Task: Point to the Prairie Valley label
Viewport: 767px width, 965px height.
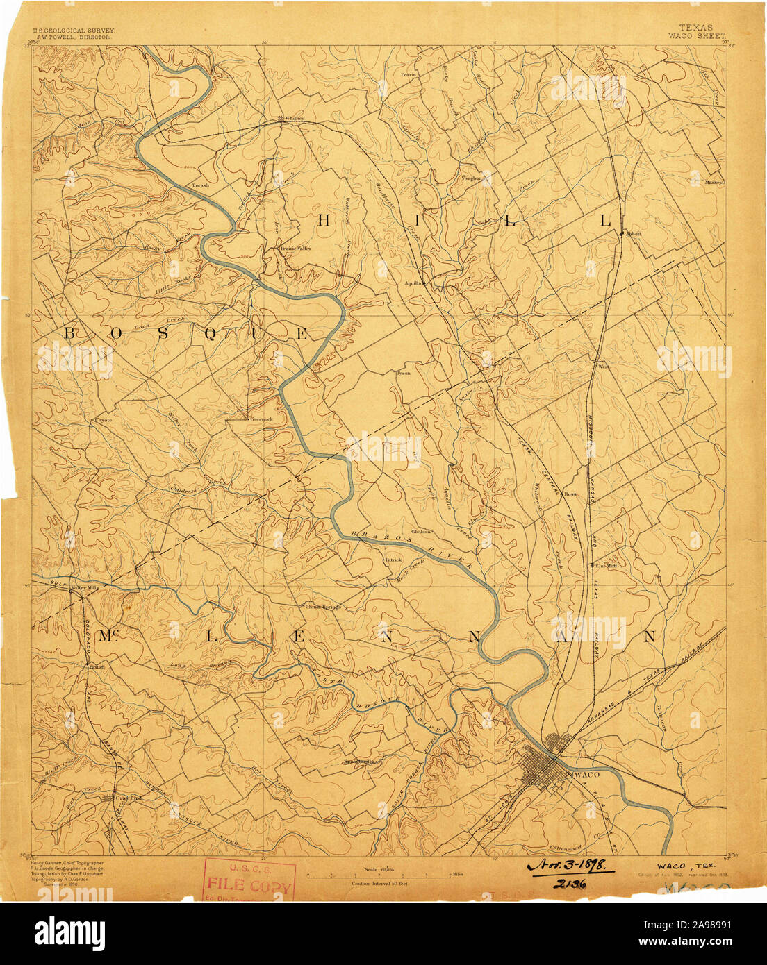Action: click(295, 248)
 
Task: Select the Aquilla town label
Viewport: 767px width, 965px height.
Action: click(414, 283)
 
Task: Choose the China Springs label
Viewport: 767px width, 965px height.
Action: click(324, 607)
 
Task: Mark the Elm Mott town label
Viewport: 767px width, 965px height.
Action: click(606, 565)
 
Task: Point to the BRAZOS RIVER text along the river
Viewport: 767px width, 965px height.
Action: click(414, 549)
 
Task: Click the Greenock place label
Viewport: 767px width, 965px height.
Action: click(261, 420)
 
